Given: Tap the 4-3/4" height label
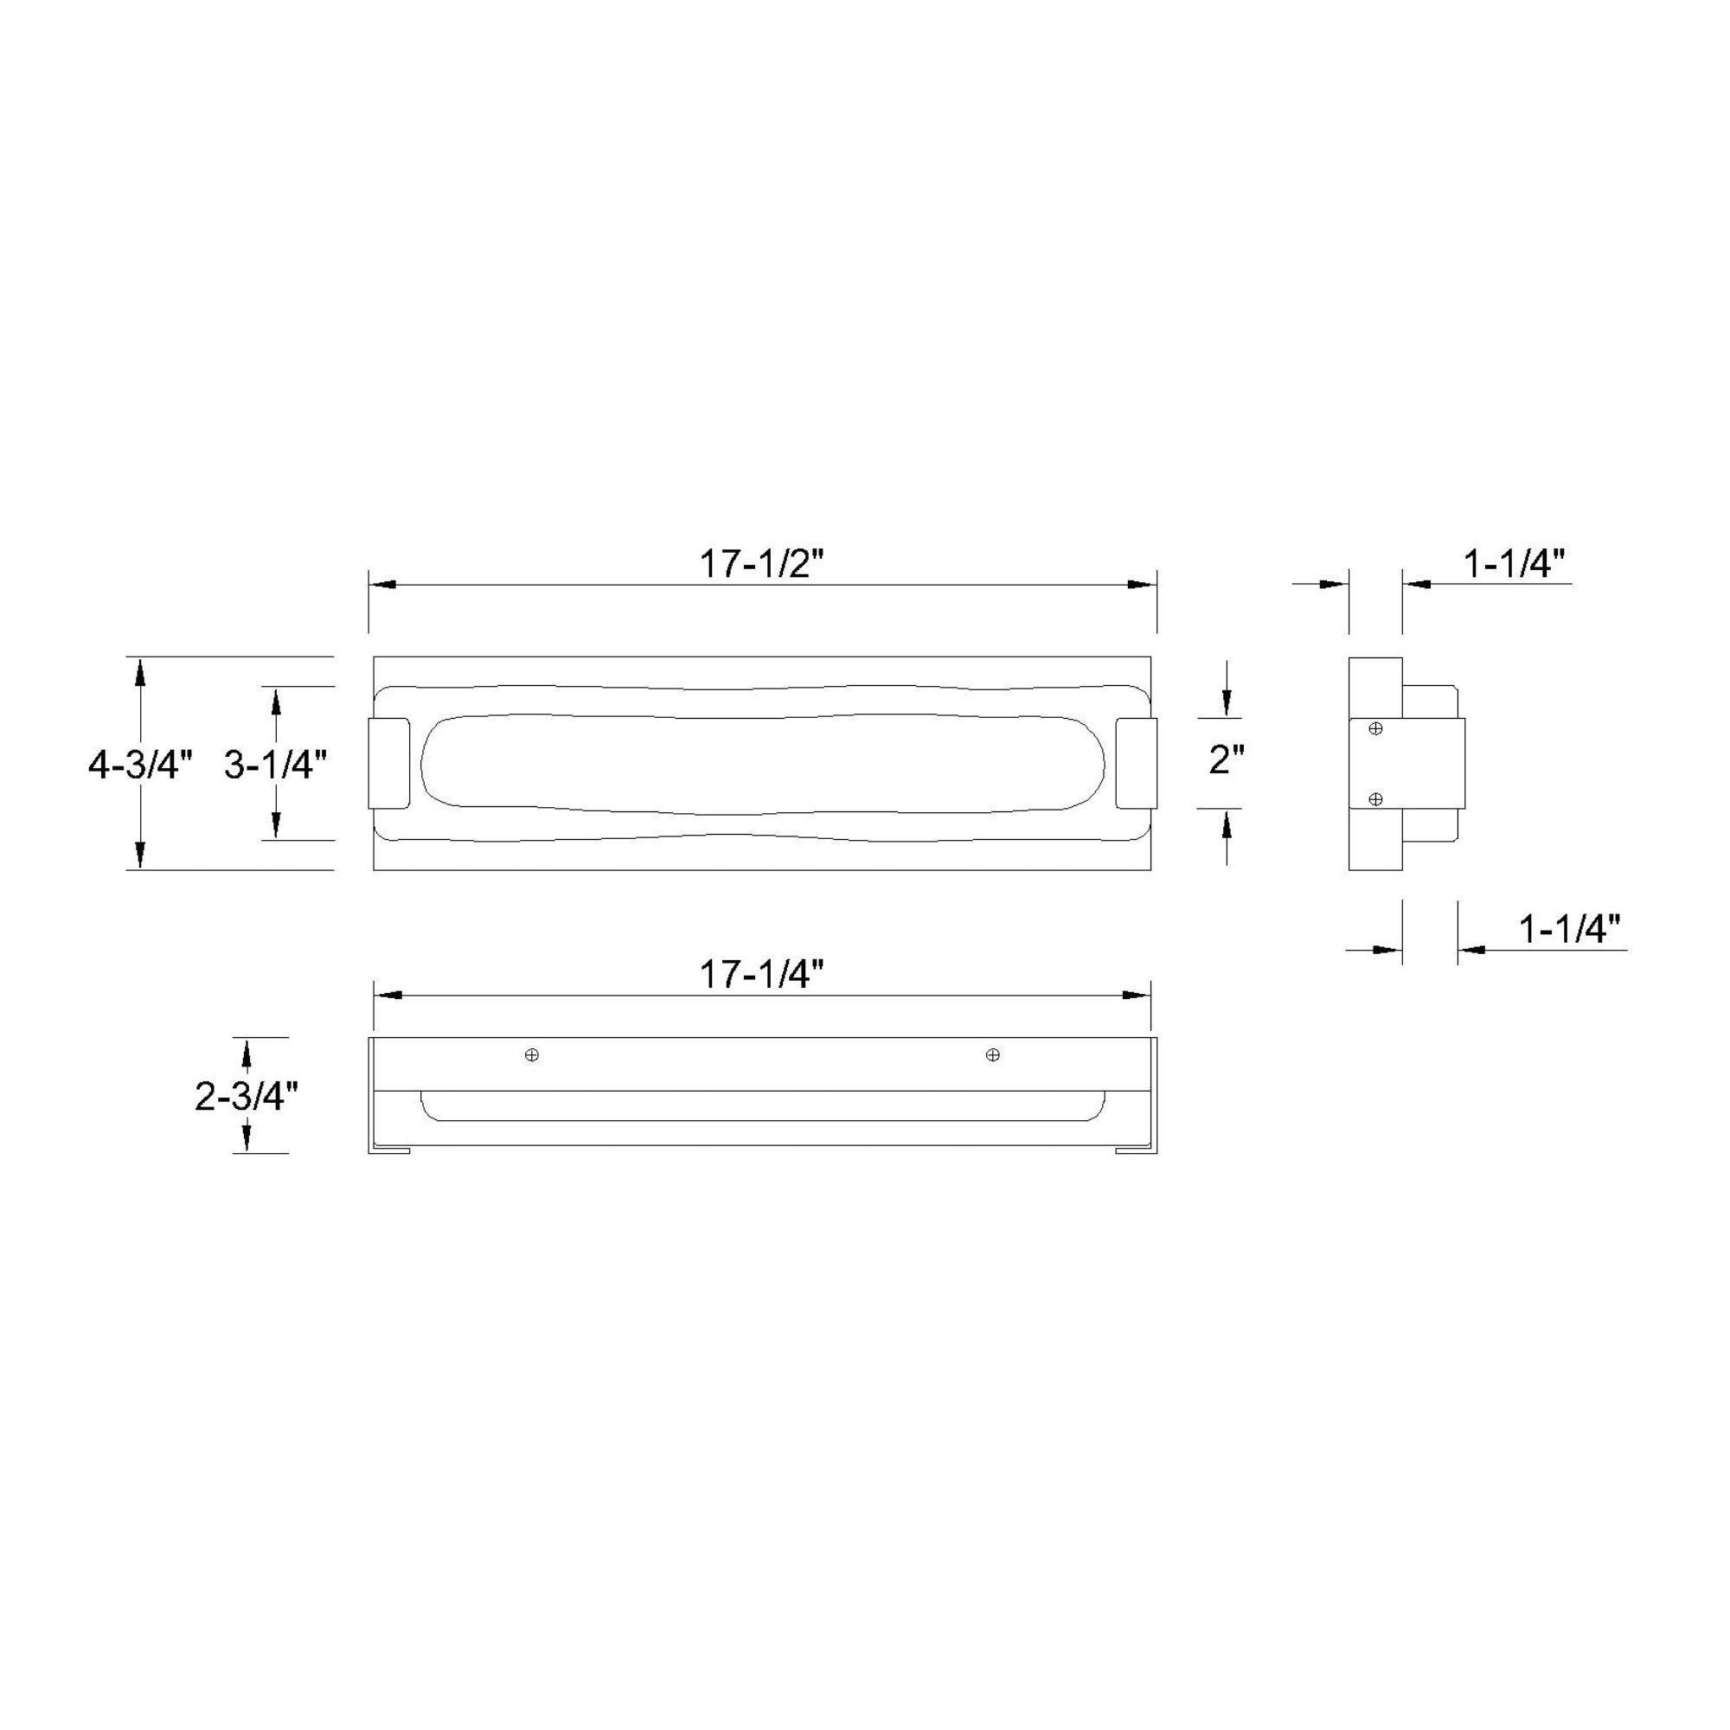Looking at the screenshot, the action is pyautogui.click(x=141, y=765).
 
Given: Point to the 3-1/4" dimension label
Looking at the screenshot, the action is pyautogui.click(x=276, y=765).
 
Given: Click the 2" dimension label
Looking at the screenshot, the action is pyautogui.click(x=1227, y=760).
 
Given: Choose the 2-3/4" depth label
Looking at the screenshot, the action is pyautogui.click(x=247, y=1095).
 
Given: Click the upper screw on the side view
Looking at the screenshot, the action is pyautogui.click(x=1376, y=729).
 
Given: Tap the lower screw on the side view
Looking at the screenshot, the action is pyautogui.click(x=1376, y=798).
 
